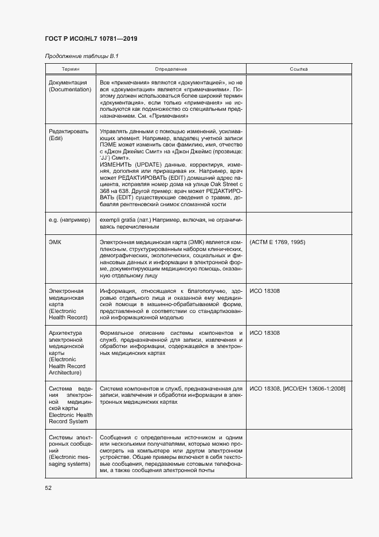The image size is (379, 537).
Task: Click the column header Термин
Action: (71, 69)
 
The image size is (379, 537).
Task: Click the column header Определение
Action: (171, 69)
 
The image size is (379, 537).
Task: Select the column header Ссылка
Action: (298, 69)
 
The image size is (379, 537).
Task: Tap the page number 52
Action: (48, 488)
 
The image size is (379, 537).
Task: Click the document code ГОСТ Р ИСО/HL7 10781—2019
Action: (91, 38)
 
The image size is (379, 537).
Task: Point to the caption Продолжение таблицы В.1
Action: (81, 56)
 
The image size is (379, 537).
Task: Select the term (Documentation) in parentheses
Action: (70, 90)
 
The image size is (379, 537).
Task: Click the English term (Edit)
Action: (56, 138)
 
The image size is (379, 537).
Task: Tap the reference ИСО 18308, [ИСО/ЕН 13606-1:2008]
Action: (297, 388)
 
